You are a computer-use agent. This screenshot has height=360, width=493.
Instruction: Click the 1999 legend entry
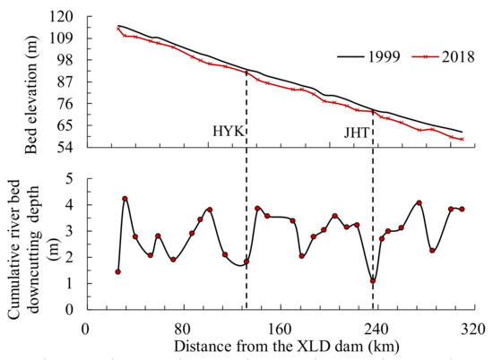point(362,56)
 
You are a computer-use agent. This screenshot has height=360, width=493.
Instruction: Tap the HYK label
point(227,132)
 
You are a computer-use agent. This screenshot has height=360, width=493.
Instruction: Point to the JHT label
point(357,132)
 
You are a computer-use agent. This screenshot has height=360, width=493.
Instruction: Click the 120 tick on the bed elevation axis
point(61,18)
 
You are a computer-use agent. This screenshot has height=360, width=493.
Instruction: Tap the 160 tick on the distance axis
point(281,328)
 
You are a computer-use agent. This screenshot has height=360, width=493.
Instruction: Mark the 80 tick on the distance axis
point(184,328)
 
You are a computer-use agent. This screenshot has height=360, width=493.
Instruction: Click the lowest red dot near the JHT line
point(373,281)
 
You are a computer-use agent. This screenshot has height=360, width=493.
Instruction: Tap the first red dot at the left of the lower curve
point(117,271)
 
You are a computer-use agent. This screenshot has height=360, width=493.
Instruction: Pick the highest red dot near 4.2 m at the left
point(125,199)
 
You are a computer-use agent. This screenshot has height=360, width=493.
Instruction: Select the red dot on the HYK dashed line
point(246,261)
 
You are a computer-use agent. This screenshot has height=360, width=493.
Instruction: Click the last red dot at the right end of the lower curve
point(462,209)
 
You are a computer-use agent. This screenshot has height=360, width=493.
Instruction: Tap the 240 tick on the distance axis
point(377,328)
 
